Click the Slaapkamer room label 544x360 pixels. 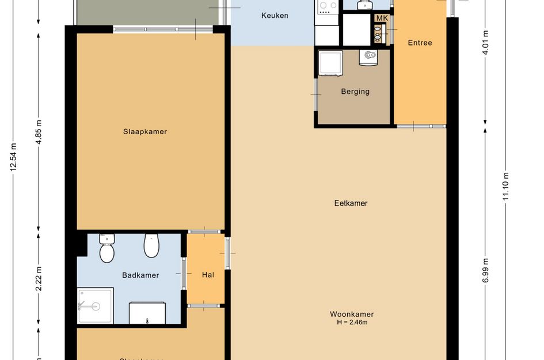pyautogui.click(x=144, y=131)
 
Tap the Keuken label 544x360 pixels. pyautogui.click(x=275, y=16)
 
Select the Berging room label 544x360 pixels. pyautogui.click(x=355, y=91)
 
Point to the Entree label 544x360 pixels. pyautogui.click(x=420, y=43)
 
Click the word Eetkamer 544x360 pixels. pyautogui.click(x=351, y=203)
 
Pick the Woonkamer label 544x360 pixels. pyautogui.click(x=352, y=314)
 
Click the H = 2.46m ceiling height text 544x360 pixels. pyautogui.click(x=352, y=323)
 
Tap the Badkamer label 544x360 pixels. pyautogui.click(x=140, y=275)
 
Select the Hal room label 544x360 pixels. pyautogui.click(x=208, y=275)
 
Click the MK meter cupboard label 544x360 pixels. pyautogui.click(x=381, y=18)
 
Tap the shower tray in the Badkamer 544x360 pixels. pyautogui.click(x=95, y=305)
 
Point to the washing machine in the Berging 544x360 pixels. pyautogui.click(x=331, y=62)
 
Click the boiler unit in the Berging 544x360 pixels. pyautogui.click(x=368, y=57)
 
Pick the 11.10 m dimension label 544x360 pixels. pyautogui.click(x=506, y=187)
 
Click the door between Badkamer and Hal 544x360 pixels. pyautogui.click(x=184, y=273)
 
